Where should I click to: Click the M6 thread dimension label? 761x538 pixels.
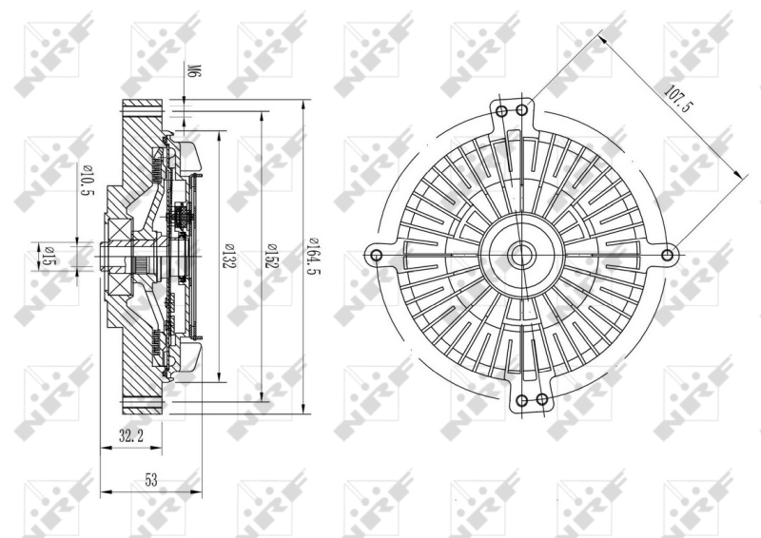[192, 71]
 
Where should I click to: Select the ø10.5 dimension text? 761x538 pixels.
[88, 181]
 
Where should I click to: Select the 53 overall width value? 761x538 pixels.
[150, 480]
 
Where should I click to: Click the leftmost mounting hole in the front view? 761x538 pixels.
[376, 255]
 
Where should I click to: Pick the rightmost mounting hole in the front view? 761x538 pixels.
[669, 254]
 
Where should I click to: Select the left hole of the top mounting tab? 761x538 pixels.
[501, 111]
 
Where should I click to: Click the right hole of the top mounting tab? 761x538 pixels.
[522, 111]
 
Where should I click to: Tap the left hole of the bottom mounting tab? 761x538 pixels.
[522, 398]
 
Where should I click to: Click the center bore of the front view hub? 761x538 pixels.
[521, 254]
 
